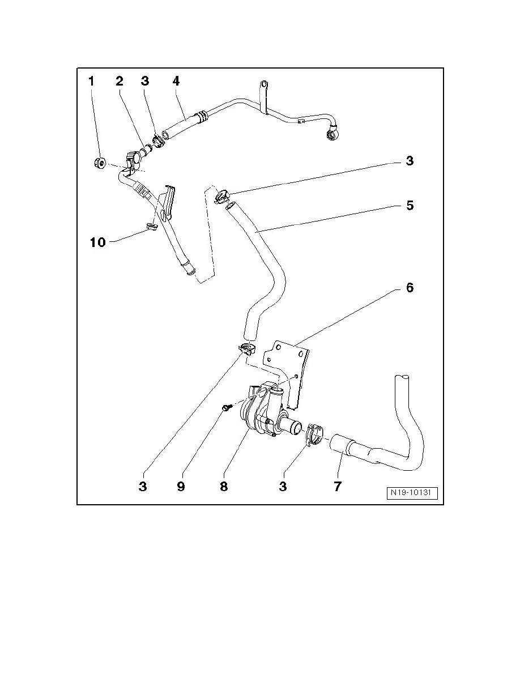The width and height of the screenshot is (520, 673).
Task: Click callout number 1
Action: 91,82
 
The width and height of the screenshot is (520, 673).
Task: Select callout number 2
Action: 119,82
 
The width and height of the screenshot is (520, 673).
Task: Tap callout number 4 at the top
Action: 176,82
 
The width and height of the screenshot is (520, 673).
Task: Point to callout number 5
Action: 410,206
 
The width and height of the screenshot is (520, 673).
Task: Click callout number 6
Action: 410,288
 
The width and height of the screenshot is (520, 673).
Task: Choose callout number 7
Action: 338,486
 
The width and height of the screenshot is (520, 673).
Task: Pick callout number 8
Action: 224,486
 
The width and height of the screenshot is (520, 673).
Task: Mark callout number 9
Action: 181,486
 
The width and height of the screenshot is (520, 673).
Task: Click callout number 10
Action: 98,242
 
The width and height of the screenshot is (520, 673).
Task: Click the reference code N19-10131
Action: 413,493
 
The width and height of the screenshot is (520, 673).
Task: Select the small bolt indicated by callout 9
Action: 227,407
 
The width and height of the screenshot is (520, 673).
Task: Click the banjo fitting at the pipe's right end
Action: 330,134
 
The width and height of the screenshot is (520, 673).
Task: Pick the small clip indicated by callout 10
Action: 151,227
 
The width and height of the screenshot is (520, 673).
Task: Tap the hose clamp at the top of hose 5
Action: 221,197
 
